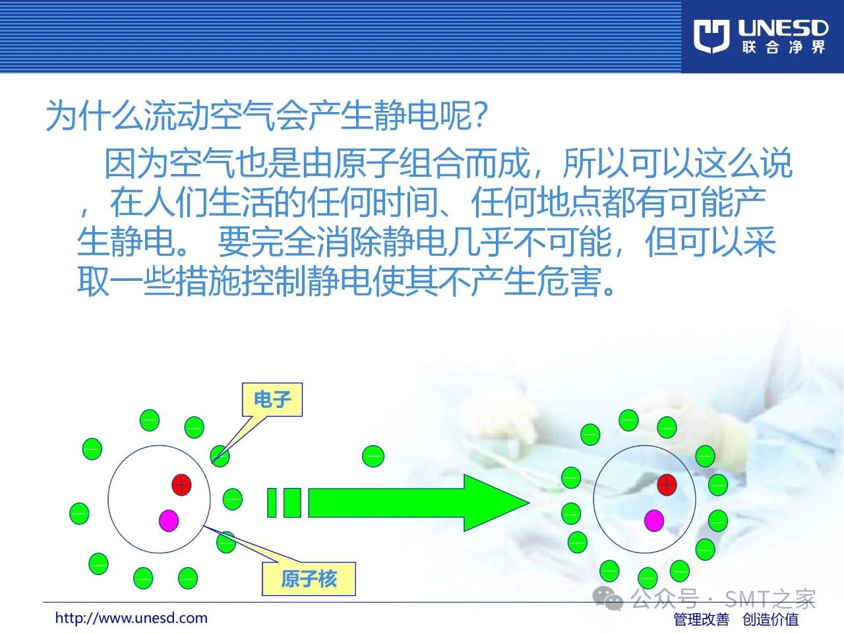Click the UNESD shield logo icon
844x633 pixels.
click(x=711, y=36)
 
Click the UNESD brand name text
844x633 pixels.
click(x=783, y=29)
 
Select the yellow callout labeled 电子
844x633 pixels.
click(x=272, y=400)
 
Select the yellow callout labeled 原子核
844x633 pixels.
click(x=309, y=579)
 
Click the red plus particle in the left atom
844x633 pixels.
click(x=181, y=485)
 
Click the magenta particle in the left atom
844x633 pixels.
click(x=169, y=521)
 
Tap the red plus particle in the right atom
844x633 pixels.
click(x=667, y=485)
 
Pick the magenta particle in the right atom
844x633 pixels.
click(x=654, y=521)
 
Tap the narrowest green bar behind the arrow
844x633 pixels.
click(x=272, y=502)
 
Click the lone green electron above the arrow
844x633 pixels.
click(x=373, y=456)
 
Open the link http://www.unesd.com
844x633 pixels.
click(x=131, y=618)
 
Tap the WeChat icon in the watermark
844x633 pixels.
click(x=608, y=599)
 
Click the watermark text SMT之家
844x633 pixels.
click(x=769, y=599)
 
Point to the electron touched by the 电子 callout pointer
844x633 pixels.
click(x=220, y=456)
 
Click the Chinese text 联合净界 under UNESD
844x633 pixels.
click(x=783, y=47)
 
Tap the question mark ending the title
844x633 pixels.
click(x=481, y=115)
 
